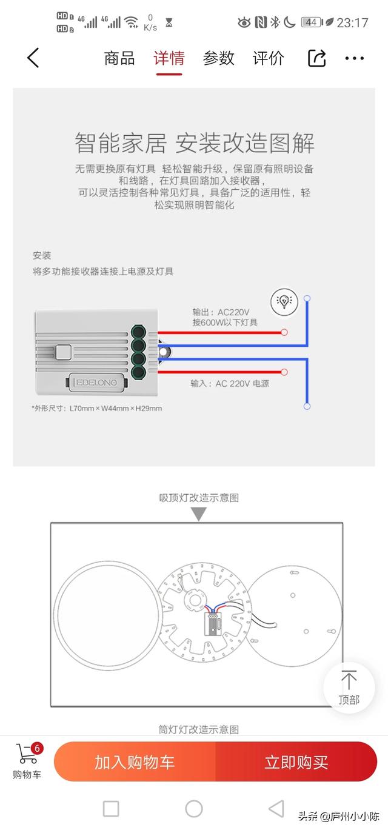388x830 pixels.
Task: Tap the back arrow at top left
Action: click(x=33, y=58)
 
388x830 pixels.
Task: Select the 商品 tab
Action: click(x=119, y=59)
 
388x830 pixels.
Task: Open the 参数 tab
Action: click(x=218, y=59)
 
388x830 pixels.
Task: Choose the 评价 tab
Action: click(x=269, y=59)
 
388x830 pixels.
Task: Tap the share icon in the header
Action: click(x=317, y=58)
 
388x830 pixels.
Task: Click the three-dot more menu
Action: click(x=354, y=58)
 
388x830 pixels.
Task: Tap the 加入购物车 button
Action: click(x=135, y=763)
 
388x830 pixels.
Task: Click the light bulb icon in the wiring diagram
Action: click(x=284, y=301)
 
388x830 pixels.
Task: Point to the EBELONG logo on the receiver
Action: click(x=96, y=382)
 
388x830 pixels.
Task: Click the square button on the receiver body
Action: click(x=64, y=352)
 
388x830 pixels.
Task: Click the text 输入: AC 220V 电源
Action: click(x=230, y=384)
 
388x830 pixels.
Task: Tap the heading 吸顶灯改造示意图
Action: click(x=199, y=498)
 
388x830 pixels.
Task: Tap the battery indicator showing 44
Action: click(x=311, y=22)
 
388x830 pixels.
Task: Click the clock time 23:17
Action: click(x=352, y=22)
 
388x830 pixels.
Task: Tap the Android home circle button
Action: click(x=194, y=809)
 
